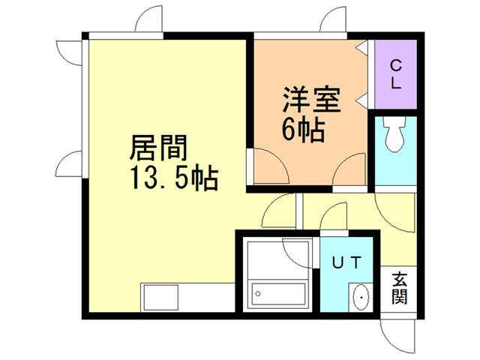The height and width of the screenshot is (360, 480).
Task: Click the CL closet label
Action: pos(394,73)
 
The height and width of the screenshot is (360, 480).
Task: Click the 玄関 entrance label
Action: pos(399,288)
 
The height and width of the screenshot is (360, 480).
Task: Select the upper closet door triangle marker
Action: pos(361,46)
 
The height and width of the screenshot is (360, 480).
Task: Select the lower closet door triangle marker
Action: pos(361,97)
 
